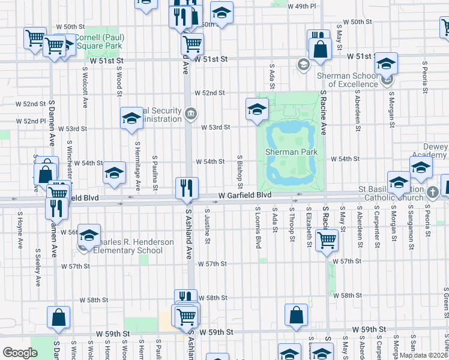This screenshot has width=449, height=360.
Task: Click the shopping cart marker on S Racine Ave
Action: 327,240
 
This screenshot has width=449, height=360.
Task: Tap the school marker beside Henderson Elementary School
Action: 89,236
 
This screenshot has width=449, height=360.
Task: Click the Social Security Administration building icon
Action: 190,113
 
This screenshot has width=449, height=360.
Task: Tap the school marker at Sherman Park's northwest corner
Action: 257,109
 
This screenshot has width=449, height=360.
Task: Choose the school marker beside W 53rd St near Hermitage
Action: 131,118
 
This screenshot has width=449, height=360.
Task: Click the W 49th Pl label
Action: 301,6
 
